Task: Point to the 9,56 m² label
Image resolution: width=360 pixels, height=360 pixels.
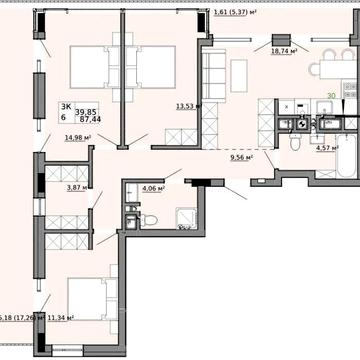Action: (241, 157)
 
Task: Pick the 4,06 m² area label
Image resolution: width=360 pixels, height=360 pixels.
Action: (152, 187)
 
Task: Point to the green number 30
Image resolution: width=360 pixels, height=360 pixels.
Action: (330, 96)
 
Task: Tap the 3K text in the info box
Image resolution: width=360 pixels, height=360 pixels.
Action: (65, 105)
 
